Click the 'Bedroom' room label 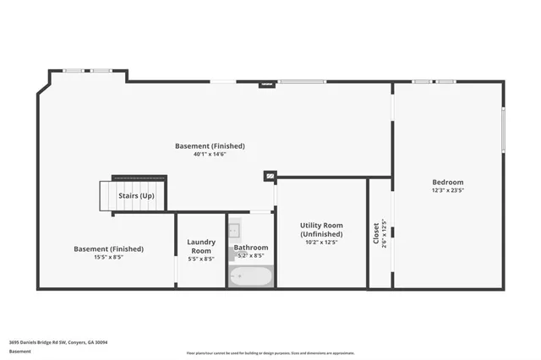pos(447,183)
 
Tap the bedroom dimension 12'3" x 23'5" pos(447,191)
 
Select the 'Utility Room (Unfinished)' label pos(321,229)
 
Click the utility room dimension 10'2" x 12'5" pos(321,242)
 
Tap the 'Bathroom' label pos(251,248)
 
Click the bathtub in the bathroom pos(251,276)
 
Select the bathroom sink pos(235,229)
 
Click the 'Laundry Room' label pos(200,246)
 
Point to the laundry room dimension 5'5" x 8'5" pos(200,259)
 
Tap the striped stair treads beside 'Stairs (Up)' pos(107,196)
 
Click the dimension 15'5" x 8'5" pos(108,258)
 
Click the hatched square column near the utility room pos(270,177)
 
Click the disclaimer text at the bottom pos(271,352)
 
